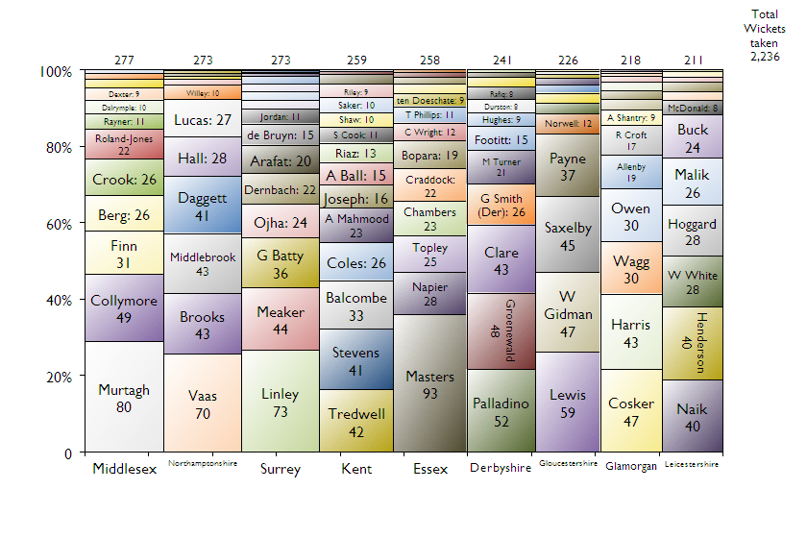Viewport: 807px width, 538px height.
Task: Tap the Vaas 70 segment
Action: pyautogui.click(x=203, y=403)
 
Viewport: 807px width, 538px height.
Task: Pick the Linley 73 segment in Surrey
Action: pyautogui.click(x=280, y=401)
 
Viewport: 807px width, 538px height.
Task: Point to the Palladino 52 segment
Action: pyautogui.click(x=501, y=410)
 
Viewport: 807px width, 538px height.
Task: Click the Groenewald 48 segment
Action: pyautogui.click(x=501, y=330)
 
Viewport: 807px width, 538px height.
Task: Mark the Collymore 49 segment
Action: pyautogui.click(x=124, y=307)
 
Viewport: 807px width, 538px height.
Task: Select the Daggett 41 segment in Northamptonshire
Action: pyautogui.click(x=203, y=205)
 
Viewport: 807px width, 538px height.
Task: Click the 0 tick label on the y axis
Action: pyautogui.click(x=68, y=452)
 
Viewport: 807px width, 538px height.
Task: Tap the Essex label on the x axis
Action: pyautogui.click(x=430, y=470)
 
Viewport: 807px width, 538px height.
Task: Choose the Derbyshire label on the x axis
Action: pyautogui.click(x=501, y=469)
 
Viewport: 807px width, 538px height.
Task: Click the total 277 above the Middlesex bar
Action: pyautogui.click(x=124, y=60)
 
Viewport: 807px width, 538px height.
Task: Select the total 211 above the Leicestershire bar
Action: pyautogui.click(x=694, y=60)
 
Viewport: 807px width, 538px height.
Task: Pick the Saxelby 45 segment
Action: pyautogui.click(x=568, y=236)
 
